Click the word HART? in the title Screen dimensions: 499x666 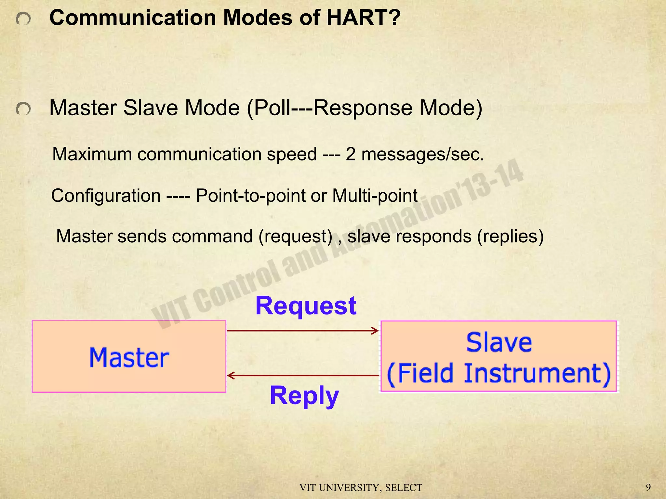click(x=363, y=18)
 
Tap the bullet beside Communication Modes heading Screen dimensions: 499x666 click(x=23, y=19)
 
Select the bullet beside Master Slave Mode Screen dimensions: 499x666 click(x=23, y=109)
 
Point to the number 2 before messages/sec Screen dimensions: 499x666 click(x=350, y=154)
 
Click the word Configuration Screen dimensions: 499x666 click(x=106, y=196)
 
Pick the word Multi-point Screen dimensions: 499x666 click(x=375, y=196)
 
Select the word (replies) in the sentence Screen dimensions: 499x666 click(x=510, y=236)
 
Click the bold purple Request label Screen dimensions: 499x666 click(x=306, y=306)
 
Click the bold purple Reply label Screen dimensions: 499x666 click(x=304, y=395)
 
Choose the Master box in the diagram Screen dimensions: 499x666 click(x=129, y=357)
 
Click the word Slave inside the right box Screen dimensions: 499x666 click(x=499, y=342)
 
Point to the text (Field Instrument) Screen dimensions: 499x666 click(x=499, y=374)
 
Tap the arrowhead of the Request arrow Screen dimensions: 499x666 click(x=376, y=331)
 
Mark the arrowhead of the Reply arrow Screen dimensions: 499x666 click(x=230, y=376)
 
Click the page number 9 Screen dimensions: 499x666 click(x=648, y=487)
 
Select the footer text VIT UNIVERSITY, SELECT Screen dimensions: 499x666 click(x=361, y=488)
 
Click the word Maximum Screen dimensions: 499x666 click(x=91, y=154)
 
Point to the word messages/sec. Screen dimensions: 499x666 click(x=423, y=154)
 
